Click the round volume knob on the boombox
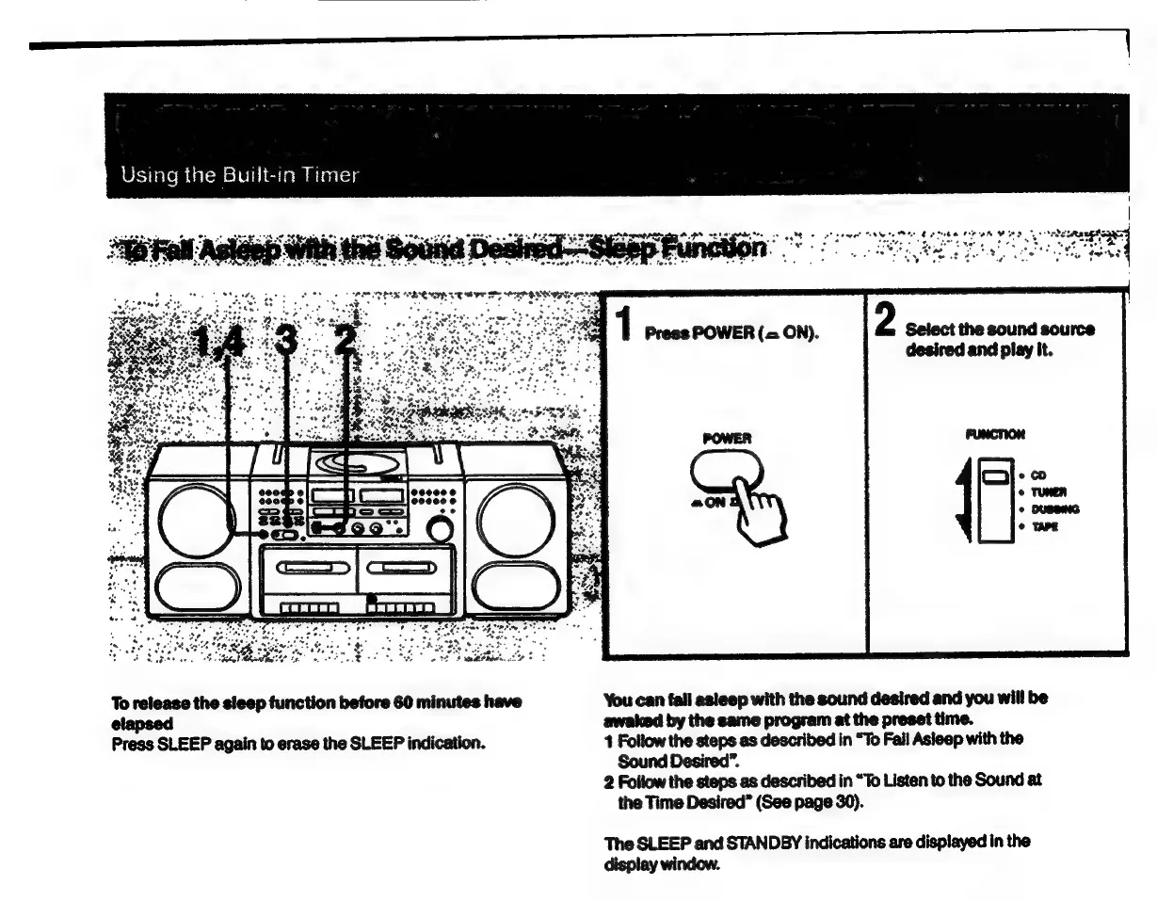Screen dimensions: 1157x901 (x=438, y=530)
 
